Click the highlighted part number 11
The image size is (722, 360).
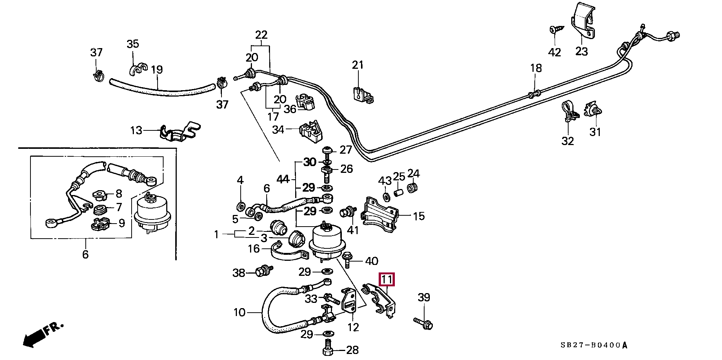(x=387, y=280)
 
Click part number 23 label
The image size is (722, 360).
(x=581, y=51)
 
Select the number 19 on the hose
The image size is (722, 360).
(x=157, y=70)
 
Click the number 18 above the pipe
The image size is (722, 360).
(x=536, y=68)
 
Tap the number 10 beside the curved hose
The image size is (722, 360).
(x=239, y=312)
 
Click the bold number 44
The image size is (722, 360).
(x=283, y=179)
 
